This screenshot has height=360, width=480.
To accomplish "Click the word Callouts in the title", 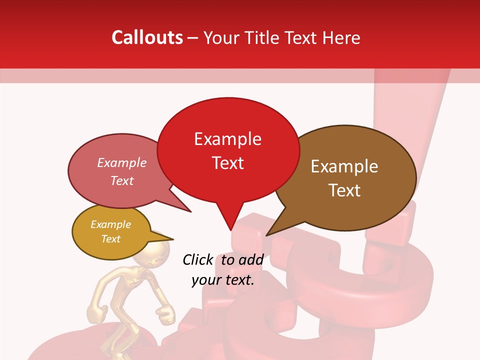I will [147, 37].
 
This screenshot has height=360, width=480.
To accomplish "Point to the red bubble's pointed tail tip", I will [230, 230].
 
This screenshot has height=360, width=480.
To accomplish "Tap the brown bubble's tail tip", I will [266, 235].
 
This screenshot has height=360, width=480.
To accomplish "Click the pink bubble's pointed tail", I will [190, 211].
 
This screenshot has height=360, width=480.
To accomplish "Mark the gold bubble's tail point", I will [173, 238].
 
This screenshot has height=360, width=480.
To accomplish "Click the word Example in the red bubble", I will [227, 139].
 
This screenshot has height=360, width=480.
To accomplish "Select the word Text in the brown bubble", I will [344, 190].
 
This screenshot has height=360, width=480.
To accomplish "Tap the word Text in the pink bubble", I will [122, 180].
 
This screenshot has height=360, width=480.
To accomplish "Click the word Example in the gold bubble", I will [110, 224].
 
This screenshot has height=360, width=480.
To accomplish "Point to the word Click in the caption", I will [198, 259].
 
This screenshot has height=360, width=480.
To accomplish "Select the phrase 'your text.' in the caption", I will [222, 280].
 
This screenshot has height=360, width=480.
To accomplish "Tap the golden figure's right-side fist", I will [164, 314].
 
